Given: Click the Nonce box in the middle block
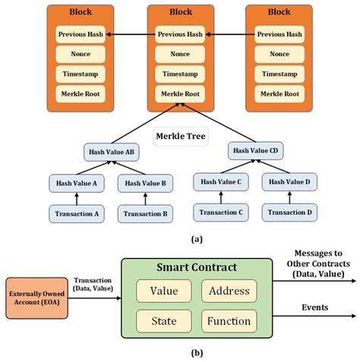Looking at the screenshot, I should tap(179, 54).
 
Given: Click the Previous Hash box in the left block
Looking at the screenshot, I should tap(80, 34).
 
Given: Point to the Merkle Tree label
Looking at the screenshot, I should tap(180, 137).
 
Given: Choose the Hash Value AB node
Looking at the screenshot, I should tap(111, 152).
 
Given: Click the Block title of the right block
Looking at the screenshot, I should tap(279, 13).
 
